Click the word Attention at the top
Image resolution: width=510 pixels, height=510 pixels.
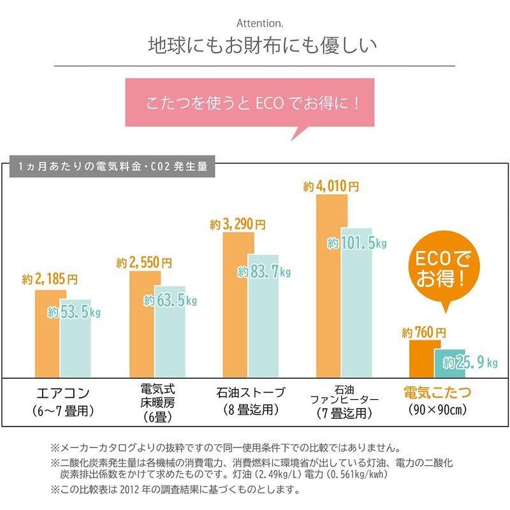[x=255, y=24]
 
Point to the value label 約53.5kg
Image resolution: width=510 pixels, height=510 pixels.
[x=75, y=312]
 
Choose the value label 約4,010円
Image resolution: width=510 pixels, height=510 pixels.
[x=331, y=187]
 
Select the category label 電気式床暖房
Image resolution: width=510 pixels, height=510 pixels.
[x=158, y=403]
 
